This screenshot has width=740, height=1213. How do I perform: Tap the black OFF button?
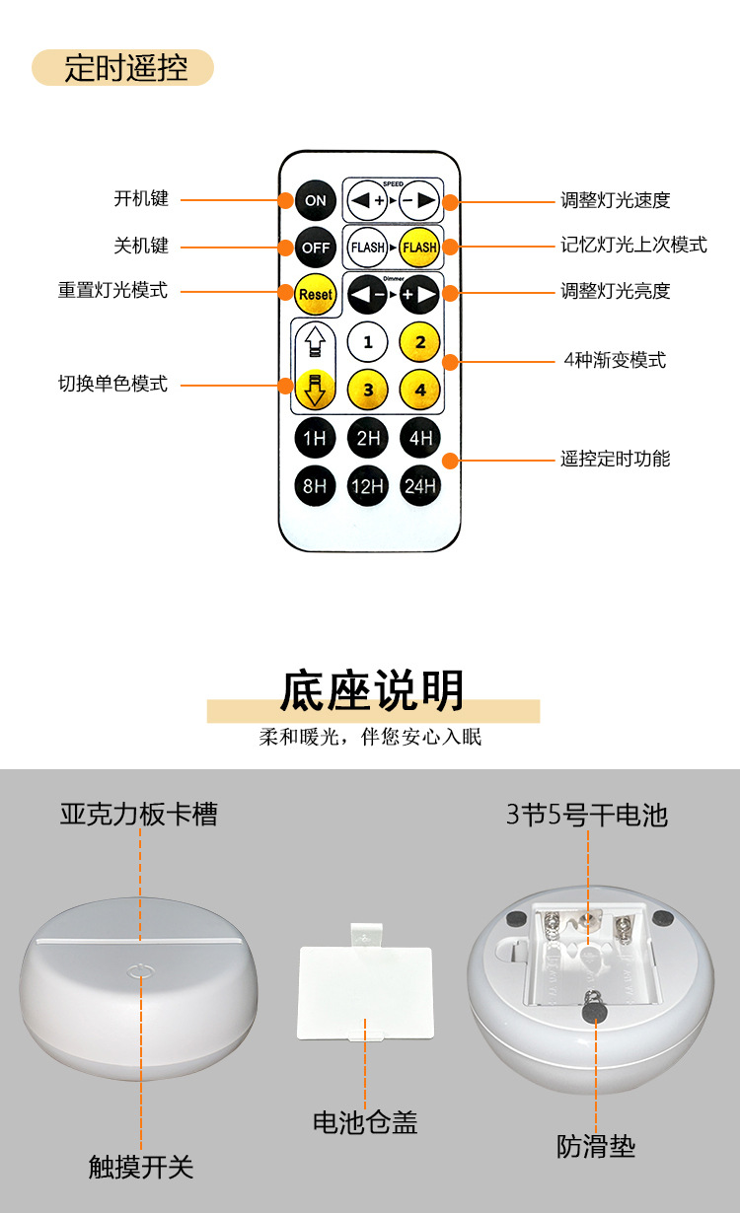(315, 247)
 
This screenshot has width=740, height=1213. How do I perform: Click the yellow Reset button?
(315, 293)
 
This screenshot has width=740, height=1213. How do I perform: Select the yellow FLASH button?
(419, 247)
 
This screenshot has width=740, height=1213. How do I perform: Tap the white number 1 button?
(368, 342)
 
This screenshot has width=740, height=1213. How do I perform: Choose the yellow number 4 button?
(419, 389)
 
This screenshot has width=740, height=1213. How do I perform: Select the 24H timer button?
(419, 485)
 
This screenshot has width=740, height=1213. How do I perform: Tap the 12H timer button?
(368, 485)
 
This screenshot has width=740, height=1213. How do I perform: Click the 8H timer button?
(315, 485)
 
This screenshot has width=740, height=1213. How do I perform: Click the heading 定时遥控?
(124, 68)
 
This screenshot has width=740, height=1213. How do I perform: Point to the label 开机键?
(141, 198)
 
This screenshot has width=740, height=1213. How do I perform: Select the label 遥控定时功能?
(615, 459)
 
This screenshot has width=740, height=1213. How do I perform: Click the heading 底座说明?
(372, 690)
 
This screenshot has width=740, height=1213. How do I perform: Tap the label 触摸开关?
(141, 1167)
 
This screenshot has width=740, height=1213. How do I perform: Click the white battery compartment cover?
(365, 991)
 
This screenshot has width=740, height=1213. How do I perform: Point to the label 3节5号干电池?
(587, 815)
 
